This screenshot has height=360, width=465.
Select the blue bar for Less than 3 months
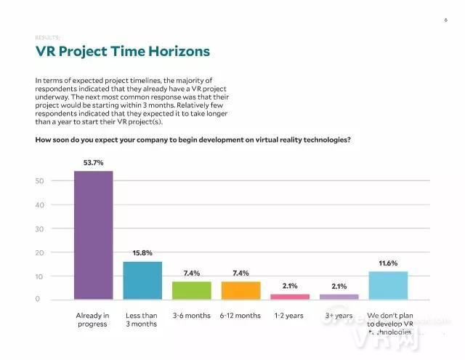coord(142,280)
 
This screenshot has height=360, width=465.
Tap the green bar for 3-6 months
coord(191,290)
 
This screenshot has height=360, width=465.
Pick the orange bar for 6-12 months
coord(240,290)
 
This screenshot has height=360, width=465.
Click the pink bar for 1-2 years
coord(289,296)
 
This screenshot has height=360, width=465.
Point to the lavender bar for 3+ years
coord(339,296)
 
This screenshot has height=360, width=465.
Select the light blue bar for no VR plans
coord(388,285)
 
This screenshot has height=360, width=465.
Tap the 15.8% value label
coord(142,254)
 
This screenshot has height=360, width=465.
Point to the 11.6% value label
coord(388,263)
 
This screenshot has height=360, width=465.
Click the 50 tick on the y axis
coord(41,180)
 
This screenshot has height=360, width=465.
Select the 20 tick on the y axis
coord(41,252)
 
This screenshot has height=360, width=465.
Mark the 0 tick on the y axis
coord(42,300)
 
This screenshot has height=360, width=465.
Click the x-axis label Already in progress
coord(92,319)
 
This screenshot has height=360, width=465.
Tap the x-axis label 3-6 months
coord(191,315)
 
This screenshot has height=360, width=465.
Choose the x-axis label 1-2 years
coord(289,315)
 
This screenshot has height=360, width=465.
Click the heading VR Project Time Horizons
coord(123,52)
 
